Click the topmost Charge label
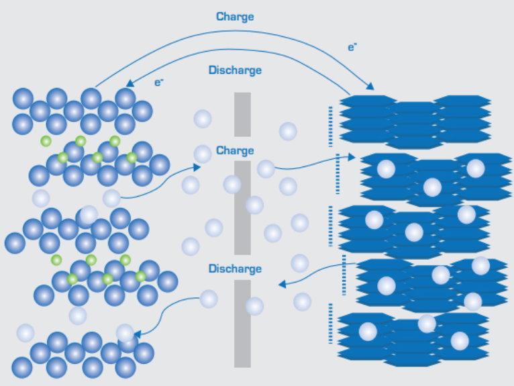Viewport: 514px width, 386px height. tap(235, 16)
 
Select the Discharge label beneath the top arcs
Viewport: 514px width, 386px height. tap(235, 70)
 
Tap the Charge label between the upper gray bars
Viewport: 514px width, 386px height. tap(235, 150)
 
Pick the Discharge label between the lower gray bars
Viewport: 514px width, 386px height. tap(235, 269)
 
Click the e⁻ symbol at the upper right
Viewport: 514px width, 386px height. tap(352, 48)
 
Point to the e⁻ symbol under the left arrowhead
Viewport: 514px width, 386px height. tap(159, 83)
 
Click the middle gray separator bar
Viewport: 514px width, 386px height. tap(242, 208)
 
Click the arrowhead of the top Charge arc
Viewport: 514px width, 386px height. tap(370, 87)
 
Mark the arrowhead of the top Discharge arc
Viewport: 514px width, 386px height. tap(130, 84)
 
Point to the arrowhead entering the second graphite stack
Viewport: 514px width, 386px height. tap(352, 157)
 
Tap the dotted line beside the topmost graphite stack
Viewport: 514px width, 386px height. tap(331, 126)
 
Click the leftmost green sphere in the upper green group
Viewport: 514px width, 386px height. tap(46, 141)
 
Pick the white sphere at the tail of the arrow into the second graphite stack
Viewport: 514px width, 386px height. tap(266, 168)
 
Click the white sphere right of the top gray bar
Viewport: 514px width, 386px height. tap(288, 131)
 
